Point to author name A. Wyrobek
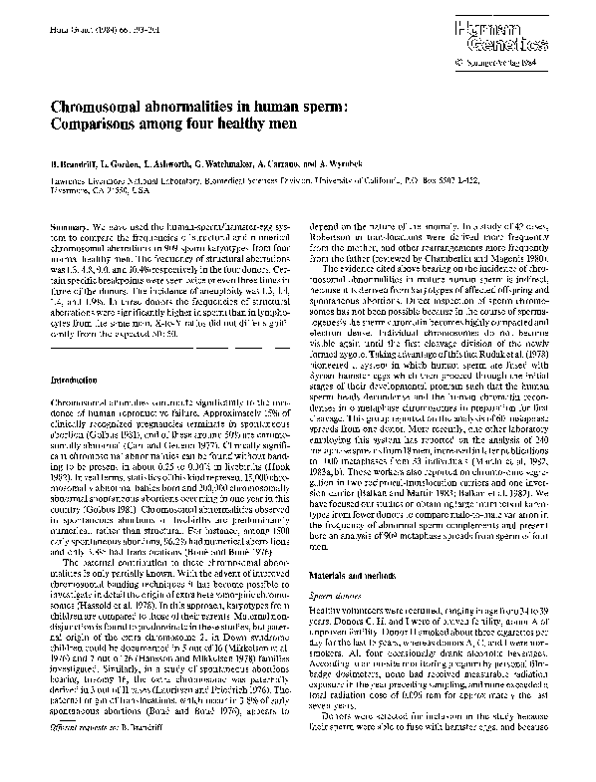point(378,159)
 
